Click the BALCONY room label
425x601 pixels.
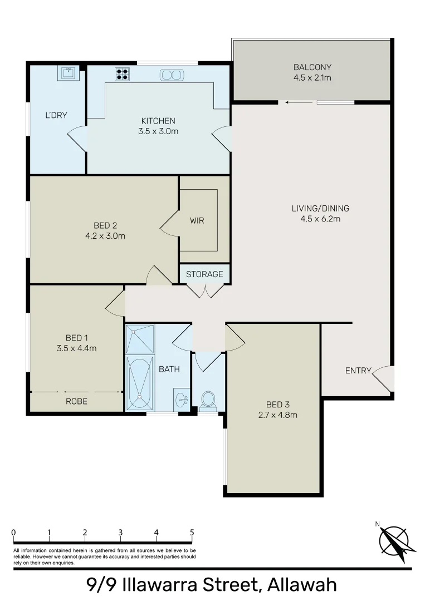tap(312, 68)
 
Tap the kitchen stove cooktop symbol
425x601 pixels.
tap(122, 74)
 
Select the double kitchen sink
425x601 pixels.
tap(171, 75)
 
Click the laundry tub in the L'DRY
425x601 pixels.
tap(69, 73)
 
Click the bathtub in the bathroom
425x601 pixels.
tap(139, 383)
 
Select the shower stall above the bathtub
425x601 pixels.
tap(139, 339)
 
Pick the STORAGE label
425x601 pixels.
tap(204, 274)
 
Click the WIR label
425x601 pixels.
tap(197, 221)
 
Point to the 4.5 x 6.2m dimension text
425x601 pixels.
tap(320, 219)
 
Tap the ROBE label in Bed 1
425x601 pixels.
tap(76, 401)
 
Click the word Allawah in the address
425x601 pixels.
tap(302, 585)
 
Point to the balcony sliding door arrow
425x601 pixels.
tap(290, 102)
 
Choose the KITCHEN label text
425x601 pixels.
tap(158, 121)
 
